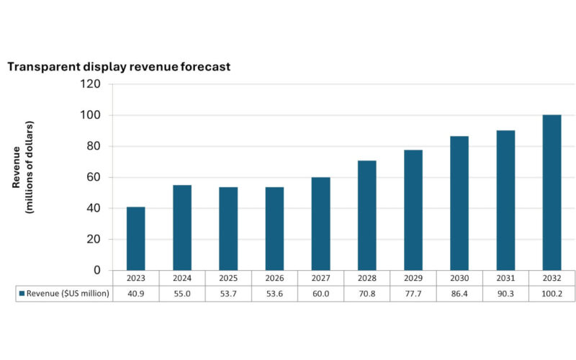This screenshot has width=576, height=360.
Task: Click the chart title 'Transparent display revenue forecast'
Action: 119,67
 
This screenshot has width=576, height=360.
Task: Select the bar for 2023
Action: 135,238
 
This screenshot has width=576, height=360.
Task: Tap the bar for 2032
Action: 552,192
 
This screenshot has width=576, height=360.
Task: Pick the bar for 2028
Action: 366,215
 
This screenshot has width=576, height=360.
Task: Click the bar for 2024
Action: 181,228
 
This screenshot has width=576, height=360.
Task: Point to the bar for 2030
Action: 459,203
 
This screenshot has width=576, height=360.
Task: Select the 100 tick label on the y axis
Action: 94,115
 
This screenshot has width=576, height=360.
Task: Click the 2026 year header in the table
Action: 274,278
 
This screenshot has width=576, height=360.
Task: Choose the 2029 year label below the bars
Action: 413,278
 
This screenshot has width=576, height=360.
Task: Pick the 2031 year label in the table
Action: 505,278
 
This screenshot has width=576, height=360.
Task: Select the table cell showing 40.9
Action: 135,294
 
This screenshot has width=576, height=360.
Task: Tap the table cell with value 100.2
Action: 552,294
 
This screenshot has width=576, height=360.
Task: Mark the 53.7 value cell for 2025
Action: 228,294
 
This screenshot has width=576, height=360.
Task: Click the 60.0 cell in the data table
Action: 320,294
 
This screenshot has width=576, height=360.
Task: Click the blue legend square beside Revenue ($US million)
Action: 22,294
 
